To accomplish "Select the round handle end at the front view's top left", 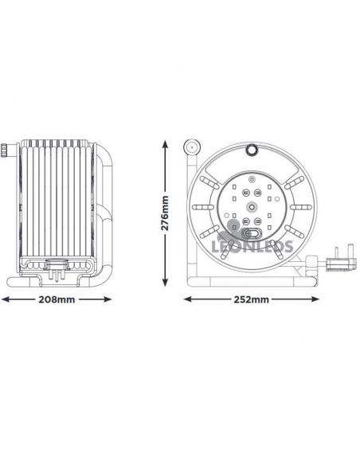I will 191,147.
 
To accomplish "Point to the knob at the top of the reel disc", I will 251,149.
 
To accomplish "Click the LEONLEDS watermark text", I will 253,249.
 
